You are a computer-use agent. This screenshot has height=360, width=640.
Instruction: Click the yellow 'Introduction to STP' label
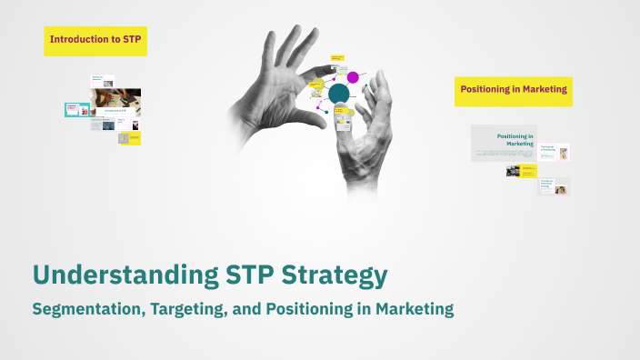point(95,40)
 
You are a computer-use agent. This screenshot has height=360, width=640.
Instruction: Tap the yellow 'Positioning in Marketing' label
point(514,90)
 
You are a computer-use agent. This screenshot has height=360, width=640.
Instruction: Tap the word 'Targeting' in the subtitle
point(196,309)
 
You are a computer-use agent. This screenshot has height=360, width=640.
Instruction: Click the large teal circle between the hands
point(339,93)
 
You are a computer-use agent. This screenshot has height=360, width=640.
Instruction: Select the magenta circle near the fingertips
point(353,77)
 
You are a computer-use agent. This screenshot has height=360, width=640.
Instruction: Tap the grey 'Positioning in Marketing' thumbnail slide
point(504,143)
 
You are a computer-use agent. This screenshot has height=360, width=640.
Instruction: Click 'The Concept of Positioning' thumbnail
point(554,154)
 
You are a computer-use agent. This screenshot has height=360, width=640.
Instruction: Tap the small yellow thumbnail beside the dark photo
point(529,170)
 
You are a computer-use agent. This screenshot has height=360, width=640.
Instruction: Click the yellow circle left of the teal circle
point(317,85)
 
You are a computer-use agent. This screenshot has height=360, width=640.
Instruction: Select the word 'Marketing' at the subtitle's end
point(414,309)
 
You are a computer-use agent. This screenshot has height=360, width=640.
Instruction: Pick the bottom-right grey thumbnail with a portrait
point(554,186)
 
